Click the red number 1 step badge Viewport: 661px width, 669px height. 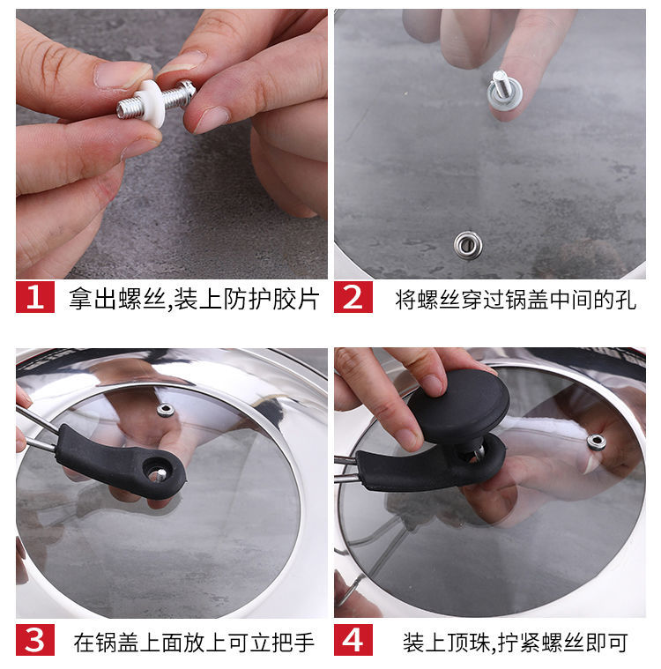coord(35,297)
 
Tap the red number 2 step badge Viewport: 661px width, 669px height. coord(353,297)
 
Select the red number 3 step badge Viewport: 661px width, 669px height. coord(35,640)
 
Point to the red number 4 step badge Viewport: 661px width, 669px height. coord(353,640)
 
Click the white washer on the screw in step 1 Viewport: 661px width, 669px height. coord(151,102)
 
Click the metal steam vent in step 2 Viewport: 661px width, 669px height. coord(468,244)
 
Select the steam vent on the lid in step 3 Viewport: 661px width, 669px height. coord(165,411)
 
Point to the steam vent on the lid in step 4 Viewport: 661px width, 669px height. coord(597,442)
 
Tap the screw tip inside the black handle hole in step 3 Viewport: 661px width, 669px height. coord(160,474)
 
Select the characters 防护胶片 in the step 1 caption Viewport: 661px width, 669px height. coord(271,300)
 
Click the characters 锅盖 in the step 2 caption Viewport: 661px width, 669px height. coord(526,300)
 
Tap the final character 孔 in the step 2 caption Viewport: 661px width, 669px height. coord(626,300)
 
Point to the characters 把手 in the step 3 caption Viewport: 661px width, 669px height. coord(293,643)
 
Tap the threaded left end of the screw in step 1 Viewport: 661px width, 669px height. coord(127,108)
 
